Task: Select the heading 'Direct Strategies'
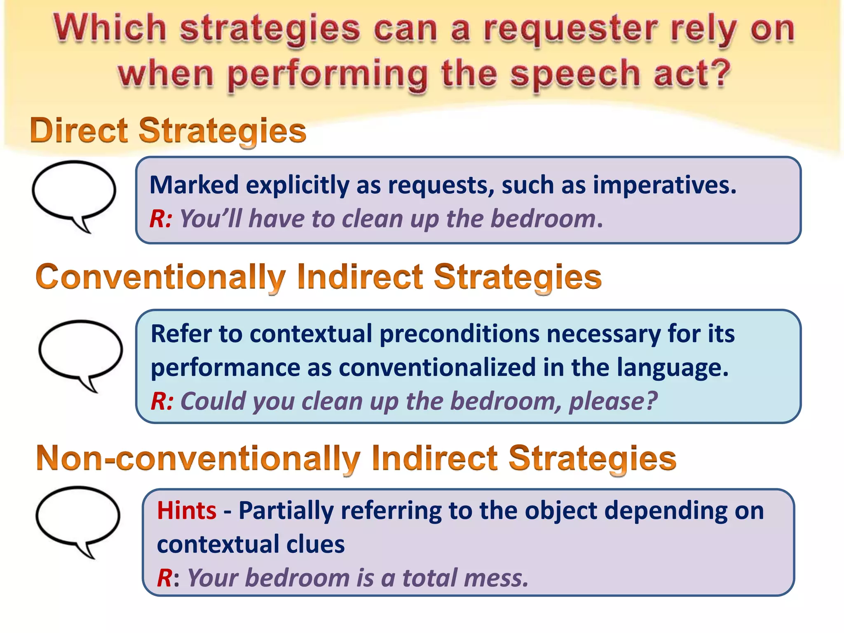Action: (168, 131)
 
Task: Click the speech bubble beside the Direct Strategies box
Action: (74, 192)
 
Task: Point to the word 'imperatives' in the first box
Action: (664, 185)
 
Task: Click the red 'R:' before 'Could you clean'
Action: (162, 401)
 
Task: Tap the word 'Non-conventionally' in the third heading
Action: (198, 458)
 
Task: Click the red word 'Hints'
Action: (187, 511)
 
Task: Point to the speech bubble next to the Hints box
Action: (78, 518)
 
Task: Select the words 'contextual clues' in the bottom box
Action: (251, 544)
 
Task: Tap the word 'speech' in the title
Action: (575, 74)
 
